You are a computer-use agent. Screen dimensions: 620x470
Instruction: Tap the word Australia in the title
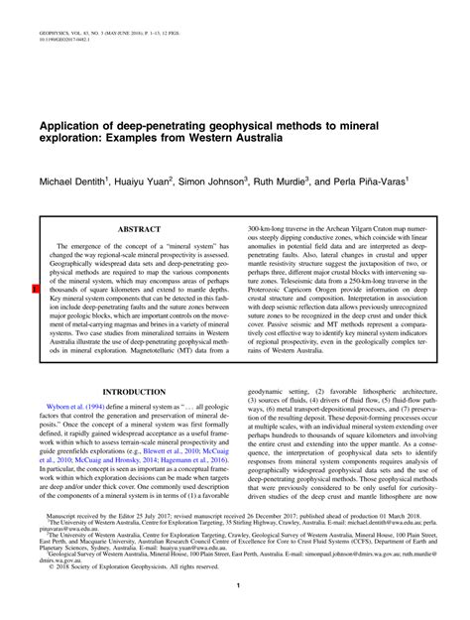(252, 142)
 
